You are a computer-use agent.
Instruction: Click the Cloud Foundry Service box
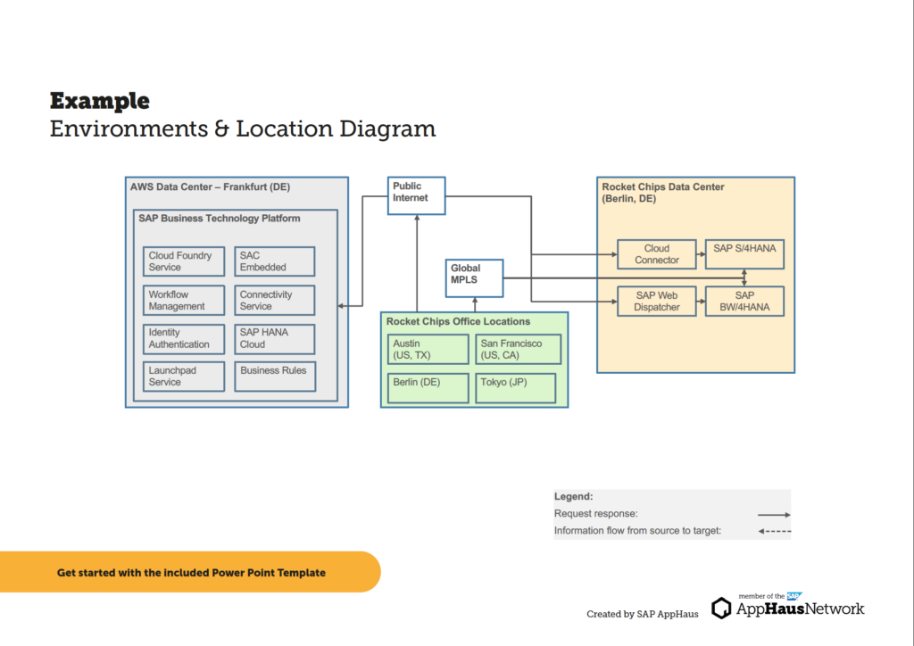point(183,261)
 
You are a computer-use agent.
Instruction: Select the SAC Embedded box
point(274,261)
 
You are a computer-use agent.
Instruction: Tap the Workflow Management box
point(183,301)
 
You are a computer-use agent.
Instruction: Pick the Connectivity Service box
point(274,301)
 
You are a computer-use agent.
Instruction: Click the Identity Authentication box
point(183,338)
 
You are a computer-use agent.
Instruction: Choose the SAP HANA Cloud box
point(274,338)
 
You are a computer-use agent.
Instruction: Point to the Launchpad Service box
point(183,377)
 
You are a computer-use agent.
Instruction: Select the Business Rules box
point(274,377)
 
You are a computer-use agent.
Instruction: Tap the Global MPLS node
point(474,277)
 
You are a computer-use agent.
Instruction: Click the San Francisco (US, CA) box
point(519,350)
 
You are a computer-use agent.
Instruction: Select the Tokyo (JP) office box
point(515,388)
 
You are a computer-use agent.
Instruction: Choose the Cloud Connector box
point(656,254)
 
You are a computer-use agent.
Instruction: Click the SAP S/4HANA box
point(744,254)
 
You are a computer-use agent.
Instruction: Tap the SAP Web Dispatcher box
point(656,302)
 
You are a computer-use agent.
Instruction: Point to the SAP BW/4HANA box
point(744,302)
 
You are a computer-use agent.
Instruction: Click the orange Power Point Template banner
point(190,573)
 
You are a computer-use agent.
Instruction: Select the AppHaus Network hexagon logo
point(721,609)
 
